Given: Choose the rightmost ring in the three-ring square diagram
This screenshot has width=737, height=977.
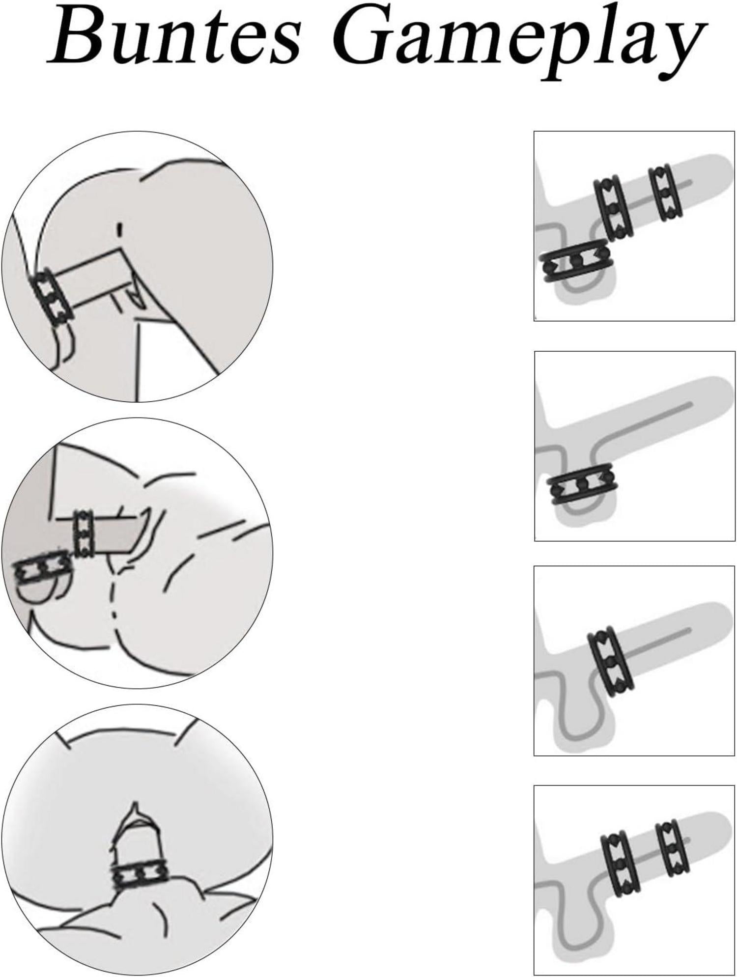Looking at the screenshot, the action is (x=665, y=193).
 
